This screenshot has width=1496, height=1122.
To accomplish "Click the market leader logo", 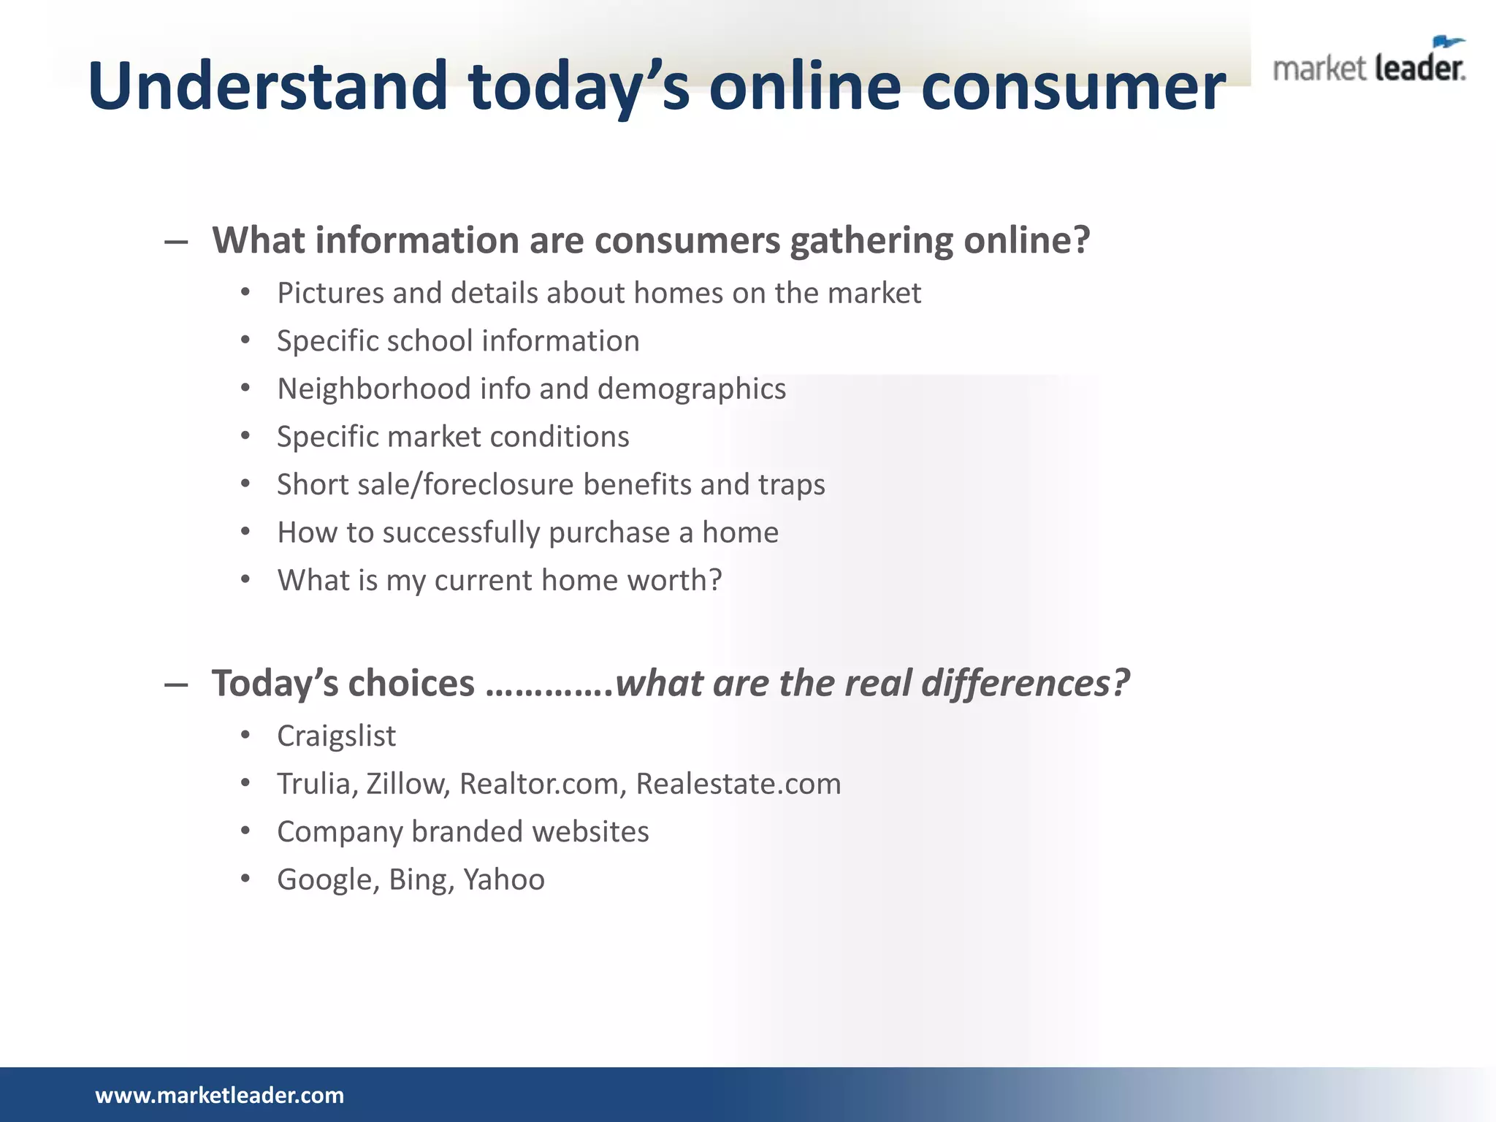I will [x=1369, y=63].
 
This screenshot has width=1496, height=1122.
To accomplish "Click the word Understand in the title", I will [x=267, y=86].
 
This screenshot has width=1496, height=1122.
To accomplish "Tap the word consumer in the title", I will [x=1073, y=86].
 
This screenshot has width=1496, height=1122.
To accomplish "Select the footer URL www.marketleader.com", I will [x=219, y=1095].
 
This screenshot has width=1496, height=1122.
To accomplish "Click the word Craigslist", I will [x=336, y=736].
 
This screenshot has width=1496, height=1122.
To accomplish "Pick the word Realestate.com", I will [x=739, y=784].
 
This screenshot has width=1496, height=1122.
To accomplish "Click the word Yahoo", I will [x=504, y=879].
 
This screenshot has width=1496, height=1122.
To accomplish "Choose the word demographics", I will [x=691, y=389].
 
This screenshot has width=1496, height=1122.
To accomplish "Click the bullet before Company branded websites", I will [x=245, y=831].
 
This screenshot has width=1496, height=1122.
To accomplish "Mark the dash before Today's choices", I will [x=176, y=684].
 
